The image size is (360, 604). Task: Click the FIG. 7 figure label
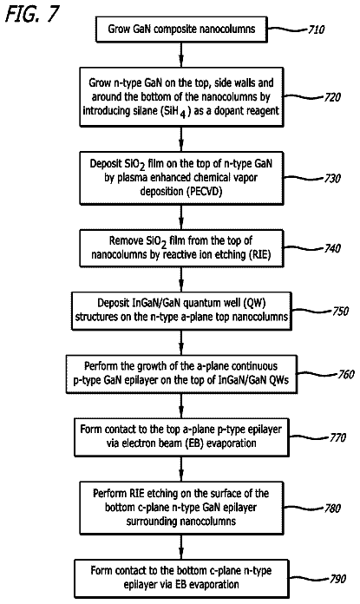pos(33,14)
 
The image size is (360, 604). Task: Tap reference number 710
pos(316,30)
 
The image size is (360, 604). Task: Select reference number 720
pos(332,96)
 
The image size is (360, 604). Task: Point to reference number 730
pos(332,179)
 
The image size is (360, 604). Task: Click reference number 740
pos(332,248)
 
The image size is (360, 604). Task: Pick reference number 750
pos(340,311)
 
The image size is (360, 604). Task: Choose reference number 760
pos(346,374)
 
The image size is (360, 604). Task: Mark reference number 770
pos(337,437)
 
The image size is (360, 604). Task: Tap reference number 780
pos(332,508)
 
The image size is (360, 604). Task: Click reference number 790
pos(337,579)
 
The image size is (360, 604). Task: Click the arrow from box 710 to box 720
pos(181,55)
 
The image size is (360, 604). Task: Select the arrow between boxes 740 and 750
pos(181,279)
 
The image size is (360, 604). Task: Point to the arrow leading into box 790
pos(181,547)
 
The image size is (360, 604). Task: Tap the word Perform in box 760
pos(100,366)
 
